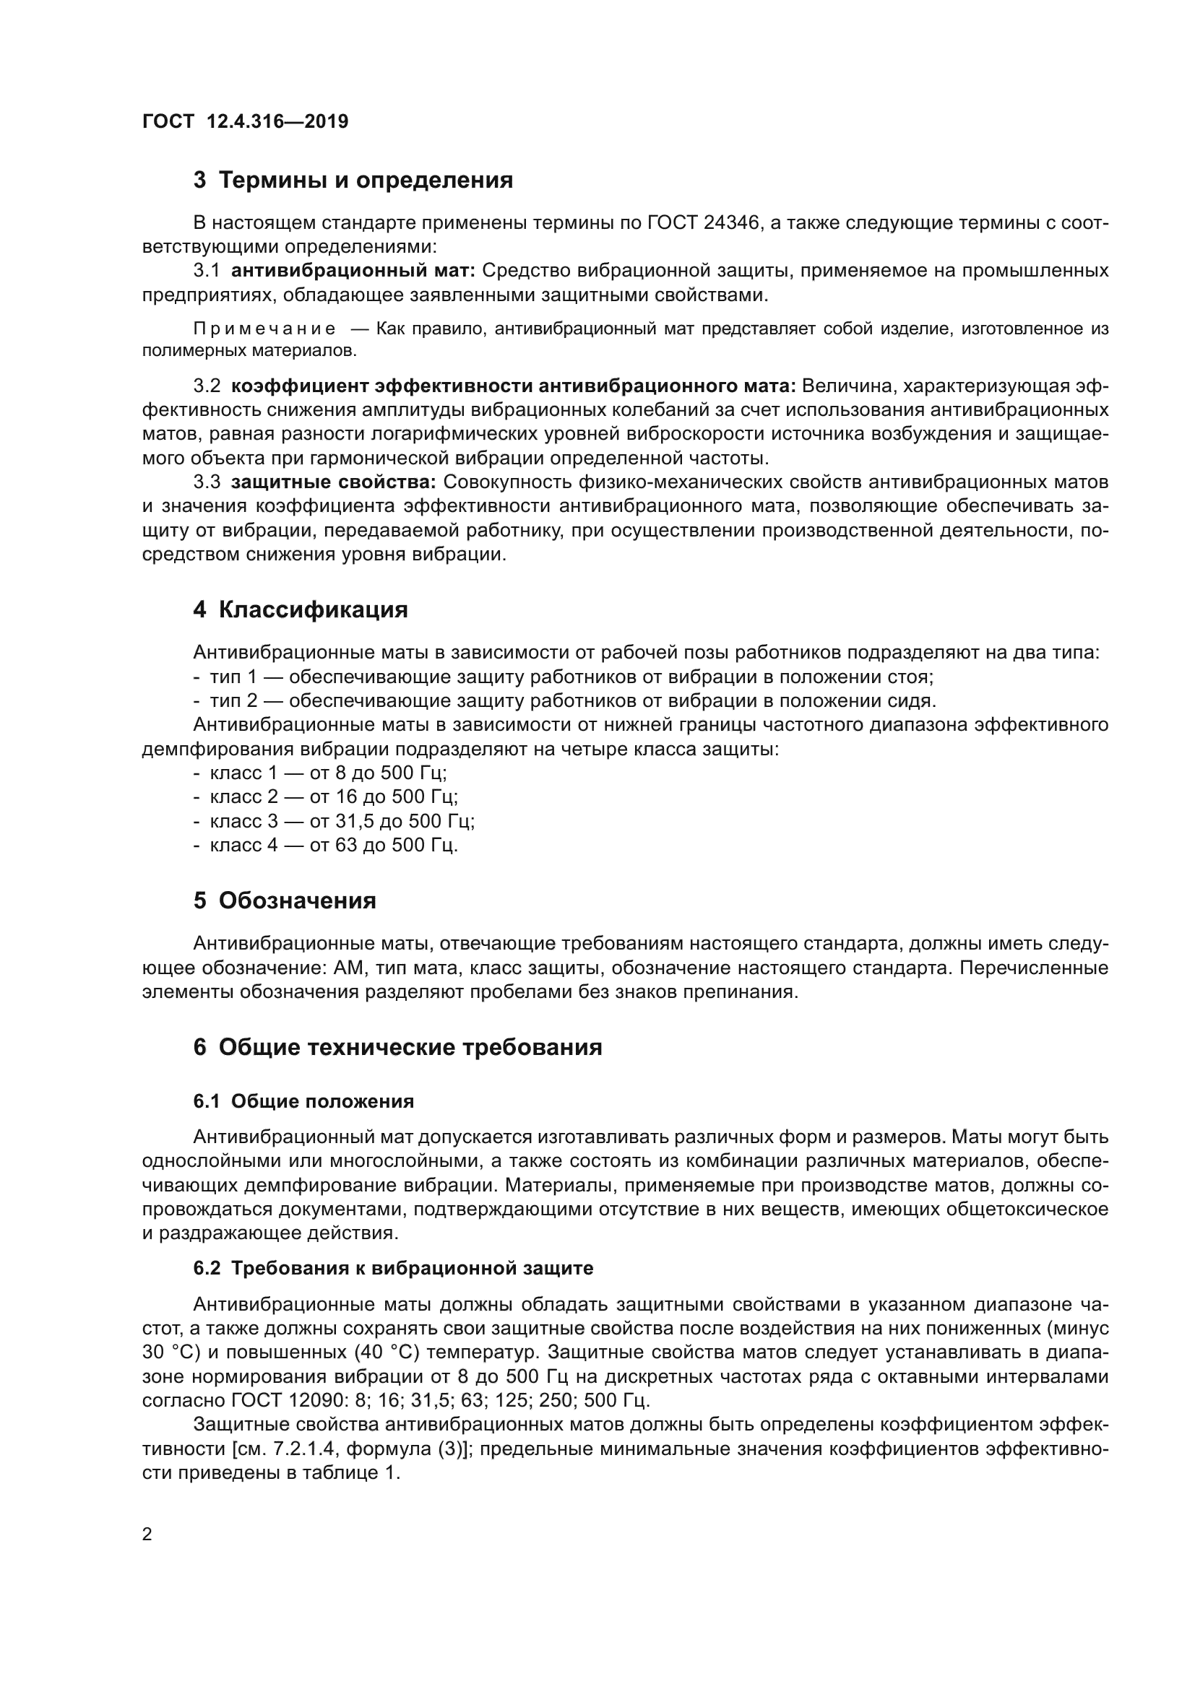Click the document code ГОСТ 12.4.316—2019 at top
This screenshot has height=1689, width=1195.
[x=245, y=121]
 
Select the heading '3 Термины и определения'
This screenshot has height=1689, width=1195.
[x=353, y=181]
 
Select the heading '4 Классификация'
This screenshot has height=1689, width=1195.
[x=301, y=610]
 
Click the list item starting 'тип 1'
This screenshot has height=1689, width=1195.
[x=571, y=677]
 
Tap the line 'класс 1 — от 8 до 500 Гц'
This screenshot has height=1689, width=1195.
[x=328, y=773]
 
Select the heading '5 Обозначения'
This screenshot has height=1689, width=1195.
[x=285, y=900]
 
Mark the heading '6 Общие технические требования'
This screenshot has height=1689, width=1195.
[x=397, y=1047]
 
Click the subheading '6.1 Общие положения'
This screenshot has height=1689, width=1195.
[x=303, y=1101]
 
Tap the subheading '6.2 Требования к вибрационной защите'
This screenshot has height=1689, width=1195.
[x=393, y=1268]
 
